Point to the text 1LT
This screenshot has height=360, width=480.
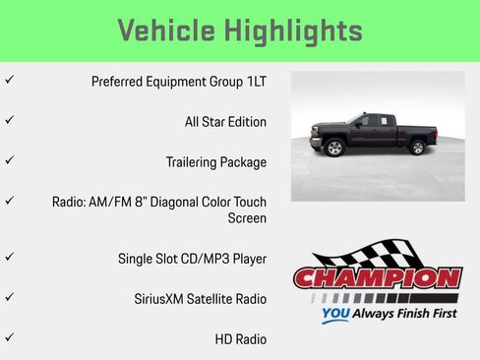click(255, 82)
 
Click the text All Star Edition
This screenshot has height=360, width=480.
click(225, 122)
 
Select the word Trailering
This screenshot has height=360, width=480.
click(190, 162)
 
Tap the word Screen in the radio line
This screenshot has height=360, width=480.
click(247, 218)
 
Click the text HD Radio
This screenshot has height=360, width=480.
click(241, 339)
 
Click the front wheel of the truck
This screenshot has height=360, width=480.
click(335, 149)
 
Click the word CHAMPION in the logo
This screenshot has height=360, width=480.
click(378, 278)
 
